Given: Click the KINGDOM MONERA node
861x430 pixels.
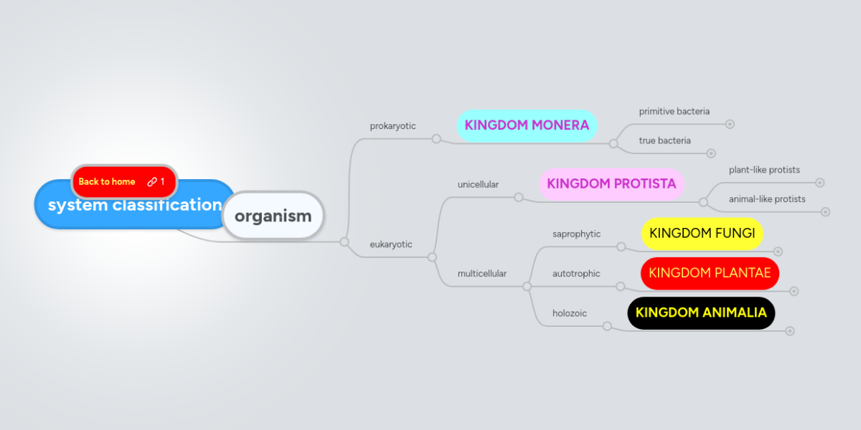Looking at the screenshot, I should (527, 125).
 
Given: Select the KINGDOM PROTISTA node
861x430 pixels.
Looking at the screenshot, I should (611, 184).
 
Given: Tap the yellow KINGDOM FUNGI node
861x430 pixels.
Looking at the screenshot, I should (702, 234).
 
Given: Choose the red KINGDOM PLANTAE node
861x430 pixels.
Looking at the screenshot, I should (710, 273).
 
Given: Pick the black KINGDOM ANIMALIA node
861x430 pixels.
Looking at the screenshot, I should (701, 313).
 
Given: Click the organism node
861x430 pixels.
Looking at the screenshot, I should (273, 216).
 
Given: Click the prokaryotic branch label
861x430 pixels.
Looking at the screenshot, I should (392, 126).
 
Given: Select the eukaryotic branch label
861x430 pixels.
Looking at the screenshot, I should (391, 244).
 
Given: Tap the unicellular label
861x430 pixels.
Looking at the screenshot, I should (478, 185).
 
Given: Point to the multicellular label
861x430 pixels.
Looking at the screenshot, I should (482, 274).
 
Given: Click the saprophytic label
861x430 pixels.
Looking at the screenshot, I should (576, 234).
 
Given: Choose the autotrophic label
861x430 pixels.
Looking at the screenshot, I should (576, 274).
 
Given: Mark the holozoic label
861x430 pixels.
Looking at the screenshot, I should (570, 313).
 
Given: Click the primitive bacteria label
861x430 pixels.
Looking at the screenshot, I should (674, 112).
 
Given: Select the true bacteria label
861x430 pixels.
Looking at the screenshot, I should (665, 141).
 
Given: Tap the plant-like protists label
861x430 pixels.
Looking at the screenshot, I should (764, 171).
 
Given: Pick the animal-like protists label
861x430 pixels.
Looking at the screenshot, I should (767, 199).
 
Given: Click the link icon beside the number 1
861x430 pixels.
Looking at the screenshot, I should (152, 182).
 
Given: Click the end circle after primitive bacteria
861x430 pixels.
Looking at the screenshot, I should (730, 124).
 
